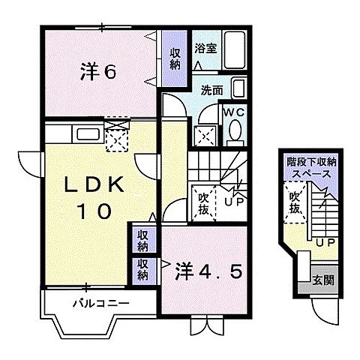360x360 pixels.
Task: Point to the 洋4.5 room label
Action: click(209, 268)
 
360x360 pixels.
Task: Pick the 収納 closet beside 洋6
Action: click(174, 58)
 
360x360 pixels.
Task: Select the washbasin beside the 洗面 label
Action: click(238, 88)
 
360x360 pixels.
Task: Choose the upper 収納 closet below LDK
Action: click(142, 240)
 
